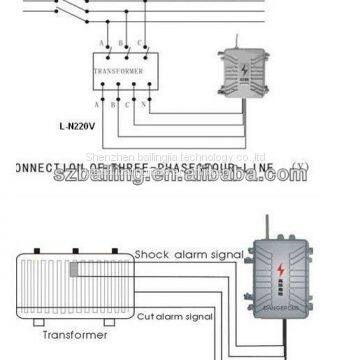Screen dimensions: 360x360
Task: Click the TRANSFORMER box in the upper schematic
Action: tap(118, 73)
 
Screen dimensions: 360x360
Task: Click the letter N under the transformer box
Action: tap(147, 103)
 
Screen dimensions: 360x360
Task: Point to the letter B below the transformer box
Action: tap(112, 103)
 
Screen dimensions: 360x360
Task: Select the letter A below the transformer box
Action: tap(97, 103)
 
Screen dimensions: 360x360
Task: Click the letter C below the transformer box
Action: tap(130, 103)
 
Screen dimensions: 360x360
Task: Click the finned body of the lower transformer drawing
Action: tap(70, 284)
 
